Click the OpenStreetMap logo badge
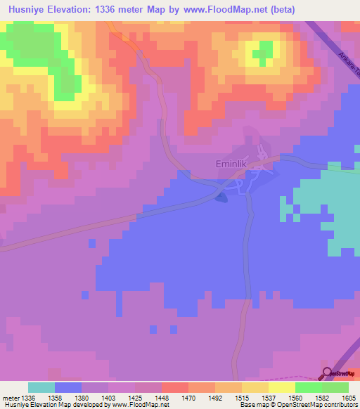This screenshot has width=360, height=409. tap(340, 373)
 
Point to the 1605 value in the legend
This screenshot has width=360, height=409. tap(349, 397)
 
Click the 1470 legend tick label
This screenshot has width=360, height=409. tap(188, 397)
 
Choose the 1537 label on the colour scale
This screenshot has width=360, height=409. tap(269, 397)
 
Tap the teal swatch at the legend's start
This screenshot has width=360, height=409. tap(41, 387)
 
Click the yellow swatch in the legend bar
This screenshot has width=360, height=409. tap(282, 387)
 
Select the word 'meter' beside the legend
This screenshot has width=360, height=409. tap(10, 397)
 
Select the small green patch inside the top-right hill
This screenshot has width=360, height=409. tap(264, 51)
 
